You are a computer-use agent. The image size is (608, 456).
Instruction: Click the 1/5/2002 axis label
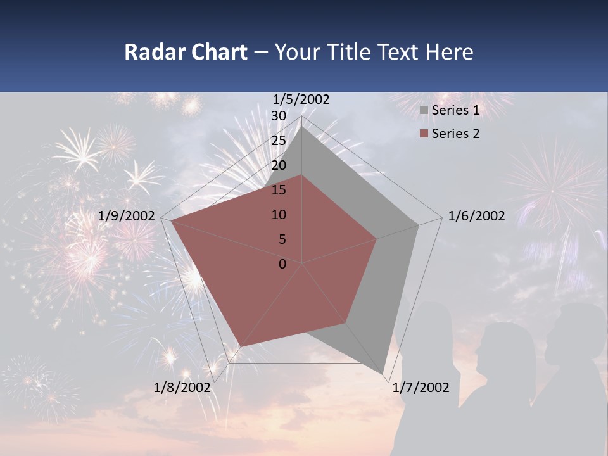[x=301, y=99]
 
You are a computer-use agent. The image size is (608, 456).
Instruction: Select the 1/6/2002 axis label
[x=476, y=216]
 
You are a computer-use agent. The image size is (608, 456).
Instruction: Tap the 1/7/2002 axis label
[x=421, y=388]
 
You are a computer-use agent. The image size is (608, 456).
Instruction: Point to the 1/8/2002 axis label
[x=182, y=388]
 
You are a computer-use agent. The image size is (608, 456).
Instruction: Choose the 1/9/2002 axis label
[x=127, y=216]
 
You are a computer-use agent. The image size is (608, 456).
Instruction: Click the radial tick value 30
[x=279, y=116]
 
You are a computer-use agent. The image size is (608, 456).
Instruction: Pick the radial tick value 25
[x=279, y=141]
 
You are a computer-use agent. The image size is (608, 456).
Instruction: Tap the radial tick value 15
[x=279, y=190]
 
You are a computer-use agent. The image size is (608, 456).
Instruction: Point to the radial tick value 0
[x=282, y=264]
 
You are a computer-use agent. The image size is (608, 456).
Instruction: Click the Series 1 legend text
[x=455, y=110]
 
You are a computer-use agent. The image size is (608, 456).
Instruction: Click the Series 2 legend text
[x=455, y=134]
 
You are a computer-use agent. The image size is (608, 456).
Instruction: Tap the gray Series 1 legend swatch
[x=424, y=111]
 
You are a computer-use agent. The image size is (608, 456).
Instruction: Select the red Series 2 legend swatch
[x=424, y=134]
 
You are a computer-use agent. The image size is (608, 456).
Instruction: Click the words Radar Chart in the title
[x=186, y=52]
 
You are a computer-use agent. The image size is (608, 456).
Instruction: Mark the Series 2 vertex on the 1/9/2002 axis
[x=171, y=220]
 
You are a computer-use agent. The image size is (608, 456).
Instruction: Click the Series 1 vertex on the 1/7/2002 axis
[x=383, y=374]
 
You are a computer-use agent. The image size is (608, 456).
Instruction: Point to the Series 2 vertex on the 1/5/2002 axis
[x=302, y=175]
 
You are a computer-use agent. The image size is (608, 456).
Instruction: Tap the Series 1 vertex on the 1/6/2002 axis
[x=419, y=225]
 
